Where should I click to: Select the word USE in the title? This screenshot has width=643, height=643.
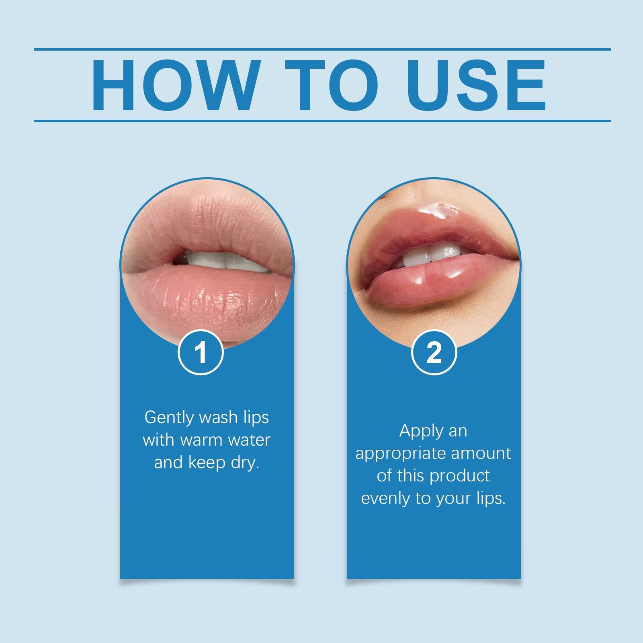[x=476, y=85]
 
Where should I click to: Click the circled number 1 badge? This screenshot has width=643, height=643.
[x=201, y=352]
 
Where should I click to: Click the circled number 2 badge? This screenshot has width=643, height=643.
[x=434, y=352]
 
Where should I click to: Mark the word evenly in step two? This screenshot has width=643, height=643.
[x=386, y=499]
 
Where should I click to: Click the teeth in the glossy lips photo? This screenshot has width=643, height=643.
[x=432, y=255]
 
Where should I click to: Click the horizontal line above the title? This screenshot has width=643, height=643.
[x=321, y=49]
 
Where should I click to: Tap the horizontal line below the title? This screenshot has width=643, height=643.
[x=321, y=121]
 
